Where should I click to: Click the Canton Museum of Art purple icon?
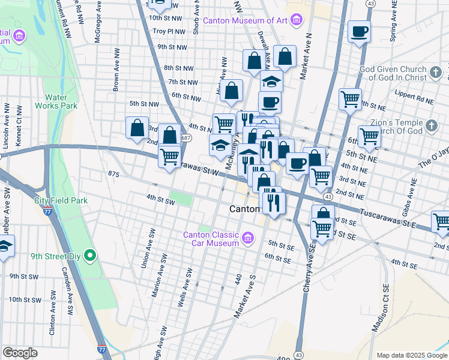click(295, 21)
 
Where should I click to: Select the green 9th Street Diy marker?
click(90, 256)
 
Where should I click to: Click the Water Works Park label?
click(61, 101)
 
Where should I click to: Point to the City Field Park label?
click(61, 200)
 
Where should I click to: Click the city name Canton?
click(245, 209)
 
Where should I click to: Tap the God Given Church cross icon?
click(436, 73)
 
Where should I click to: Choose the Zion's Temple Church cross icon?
click(432, 126)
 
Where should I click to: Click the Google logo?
click(20, 353)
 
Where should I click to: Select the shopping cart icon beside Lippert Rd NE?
click(350, 98)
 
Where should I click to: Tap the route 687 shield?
click(186, 138)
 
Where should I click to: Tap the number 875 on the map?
click(114, 174)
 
